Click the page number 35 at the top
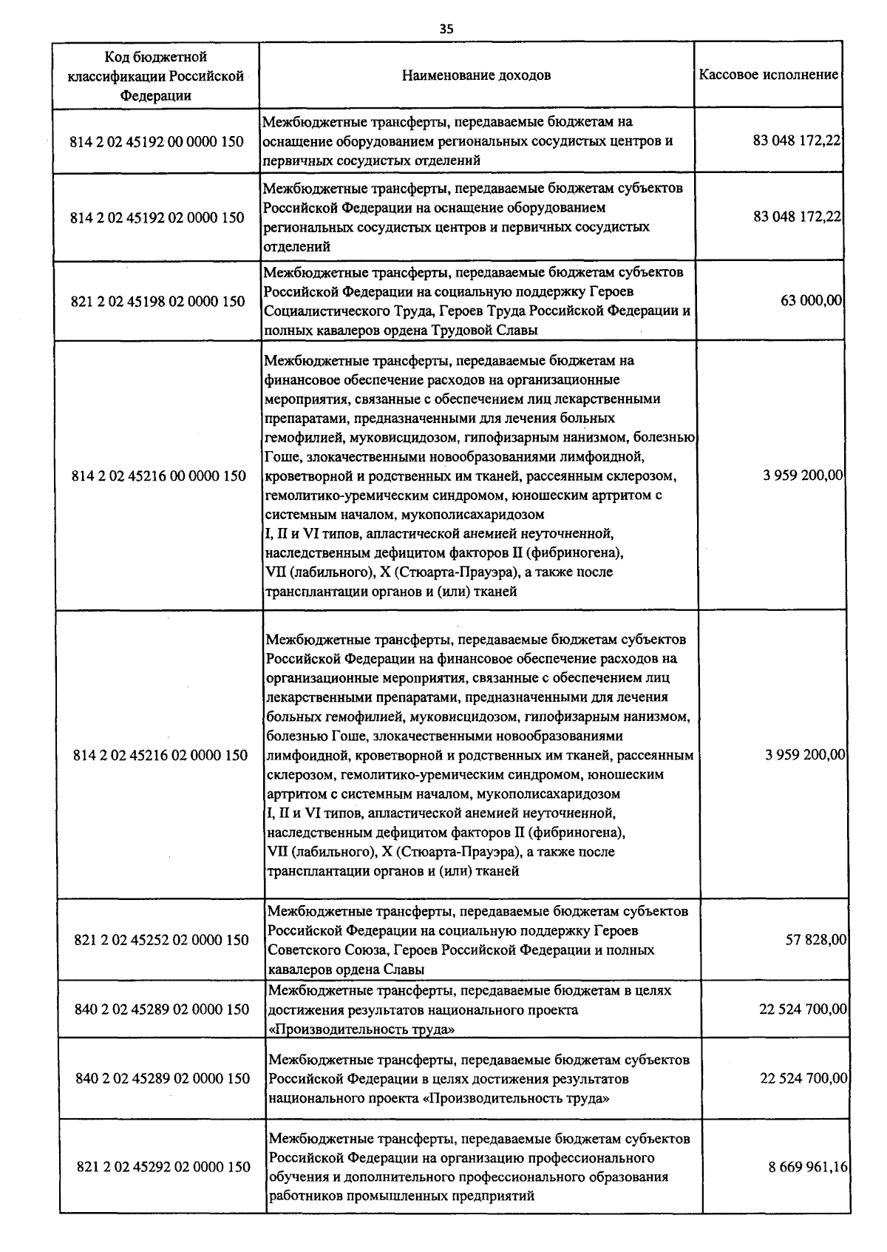pyautogui.click(x=446, y=29)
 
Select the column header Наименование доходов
pyautogui.click(x=476, y=75)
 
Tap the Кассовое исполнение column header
pyautogui.click(x=769, y=75)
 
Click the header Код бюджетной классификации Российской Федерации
pyautogui.click(x=156, y=75)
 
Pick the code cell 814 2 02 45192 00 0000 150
pyautogui.click(x=157, y=141)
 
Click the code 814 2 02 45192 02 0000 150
pyautogui.click(x=157, y=217)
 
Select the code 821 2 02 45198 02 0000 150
pyautogui.click(x=157, y=301)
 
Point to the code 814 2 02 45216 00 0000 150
pyautogui.click(x=159, y=476)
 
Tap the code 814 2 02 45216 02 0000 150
pyautogui.click(x=161, y=755)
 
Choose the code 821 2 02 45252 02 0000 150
pyautogui.click(x=162, y=940)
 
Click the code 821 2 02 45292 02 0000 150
pyautogui.click(x=164, y=1167)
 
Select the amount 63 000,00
pyautogui.click(x=812, y=300)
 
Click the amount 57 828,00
pyautogui.click(x=816, y=940)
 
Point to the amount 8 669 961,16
pyautogui.click(x=808, y=1166)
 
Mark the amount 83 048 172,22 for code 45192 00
pyautogui.click(x=797, y=141)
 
